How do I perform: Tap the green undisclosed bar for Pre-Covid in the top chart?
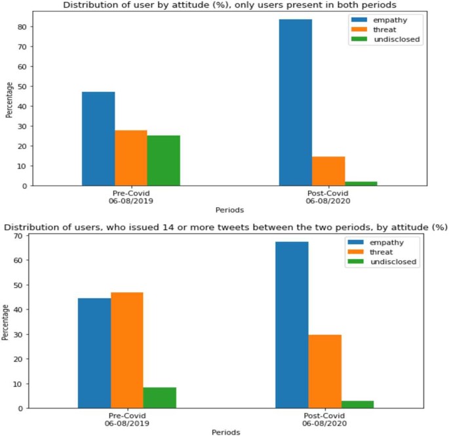164,161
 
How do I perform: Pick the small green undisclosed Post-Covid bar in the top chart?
361,184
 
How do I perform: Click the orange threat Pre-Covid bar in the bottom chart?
127,350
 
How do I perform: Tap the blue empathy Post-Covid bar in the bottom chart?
292,325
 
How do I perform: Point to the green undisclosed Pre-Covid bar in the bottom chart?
160,397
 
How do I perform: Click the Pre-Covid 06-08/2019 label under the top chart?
130,199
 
